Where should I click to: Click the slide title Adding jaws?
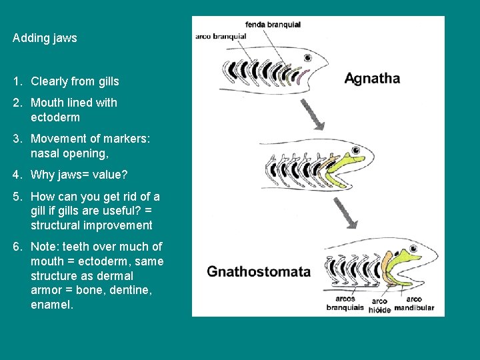click(45, 38)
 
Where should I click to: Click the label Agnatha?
click(372, 78)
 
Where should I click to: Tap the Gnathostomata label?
click(259, 271)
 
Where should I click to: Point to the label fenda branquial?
click(273, 25)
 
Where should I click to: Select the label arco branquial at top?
click(221, 36)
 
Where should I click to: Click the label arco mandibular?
click(414, 303)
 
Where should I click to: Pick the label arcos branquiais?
click(345, 303)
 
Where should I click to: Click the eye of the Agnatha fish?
click(308, 58)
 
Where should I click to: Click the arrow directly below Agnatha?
click(313, 114)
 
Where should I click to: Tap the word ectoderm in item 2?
click(55, 117)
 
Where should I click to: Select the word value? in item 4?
click(111, 175)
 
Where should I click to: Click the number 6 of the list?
click(16, 247)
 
